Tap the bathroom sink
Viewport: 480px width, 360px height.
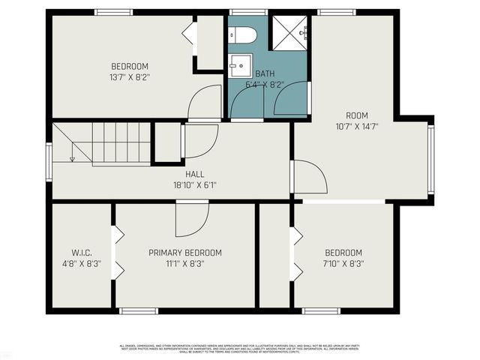pos(240,67)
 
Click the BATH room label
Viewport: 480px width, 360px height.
pos(265,74)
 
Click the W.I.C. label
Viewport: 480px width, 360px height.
pos(82,253)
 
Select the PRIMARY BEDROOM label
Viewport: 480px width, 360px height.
pos(185,253)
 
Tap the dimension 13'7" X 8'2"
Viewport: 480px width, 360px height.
pos(130,76)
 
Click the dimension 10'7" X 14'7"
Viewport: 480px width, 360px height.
pos(356,127)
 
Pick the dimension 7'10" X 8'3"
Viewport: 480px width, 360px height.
pos(343,264)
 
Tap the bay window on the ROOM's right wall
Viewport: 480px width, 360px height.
pos(430,158)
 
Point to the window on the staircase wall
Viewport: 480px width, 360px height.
pos(49,162)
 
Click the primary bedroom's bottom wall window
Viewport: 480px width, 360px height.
pos(139,310)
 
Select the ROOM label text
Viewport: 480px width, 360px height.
pos(356,115)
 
